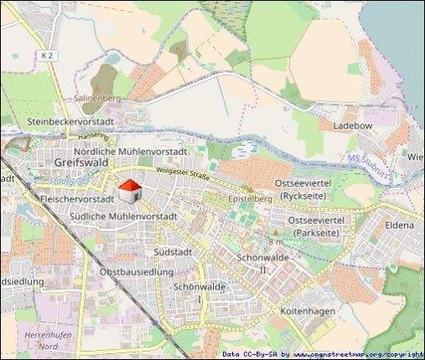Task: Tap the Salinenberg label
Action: coord(99,98)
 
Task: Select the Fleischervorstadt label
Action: coord(77,200)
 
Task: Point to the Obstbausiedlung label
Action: coord(136,272)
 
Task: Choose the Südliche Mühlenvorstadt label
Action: coord(120,216)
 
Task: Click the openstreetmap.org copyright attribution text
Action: coord(323,354)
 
